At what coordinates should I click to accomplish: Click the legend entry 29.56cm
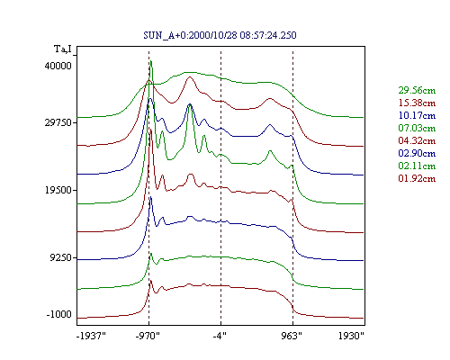point(417,90)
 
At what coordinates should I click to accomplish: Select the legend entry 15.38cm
point(417,103)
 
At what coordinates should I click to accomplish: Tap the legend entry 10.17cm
point(417,115)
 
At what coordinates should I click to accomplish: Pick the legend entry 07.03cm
point(417,128)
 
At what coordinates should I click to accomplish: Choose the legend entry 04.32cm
point(417,140)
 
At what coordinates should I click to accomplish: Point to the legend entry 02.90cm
point(417,153)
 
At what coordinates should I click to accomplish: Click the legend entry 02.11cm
point(417,166)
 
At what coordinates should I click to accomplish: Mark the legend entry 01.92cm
point(417,178)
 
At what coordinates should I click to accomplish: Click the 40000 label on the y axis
point(58,66)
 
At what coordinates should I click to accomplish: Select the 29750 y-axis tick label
point(58,122)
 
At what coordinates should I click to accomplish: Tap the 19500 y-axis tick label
point(58,190)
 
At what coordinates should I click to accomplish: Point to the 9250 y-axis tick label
point(61,257)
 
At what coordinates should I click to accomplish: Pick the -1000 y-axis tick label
point(59,314)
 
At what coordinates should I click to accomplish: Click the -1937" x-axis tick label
point(91,336)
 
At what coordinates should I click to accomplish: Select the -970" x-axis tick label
point(148,336)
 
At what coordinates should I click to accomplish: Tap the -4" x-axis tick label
point(220,336)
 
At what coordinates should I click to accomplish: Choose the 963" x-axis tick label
point(292,336)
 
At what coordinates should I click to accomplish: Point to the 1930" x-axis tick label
point(351,336)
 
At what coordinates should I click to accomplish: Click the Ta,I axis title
point(63,49)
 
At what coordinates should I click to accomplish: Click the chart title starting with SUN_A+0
point(220,35)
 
